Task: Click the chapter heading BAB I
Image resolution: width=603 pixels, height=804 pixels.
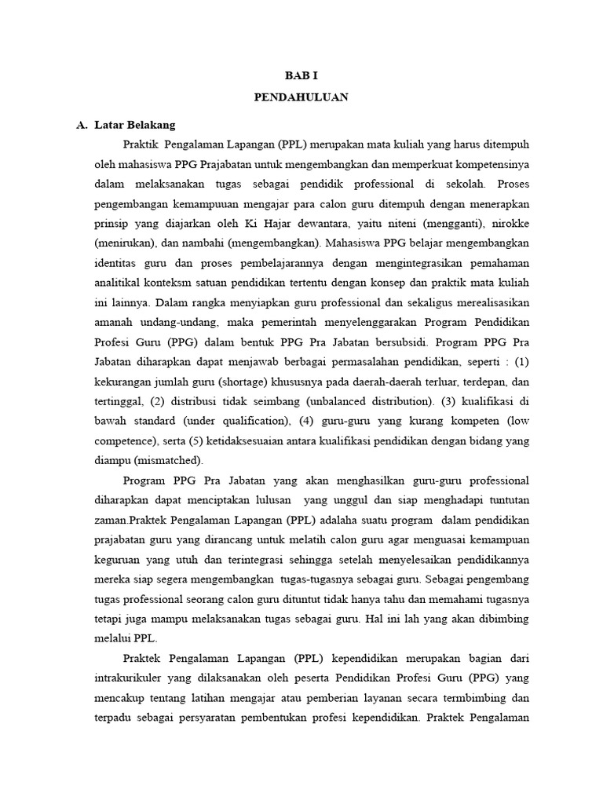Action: click(x=301, y=76)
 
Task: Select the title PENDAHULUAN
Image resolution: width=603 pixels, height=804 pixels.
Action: click(x=301, y=97)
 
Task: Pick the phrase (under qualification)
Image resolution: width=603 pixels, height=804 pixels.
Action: click(x=237, y=420)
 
